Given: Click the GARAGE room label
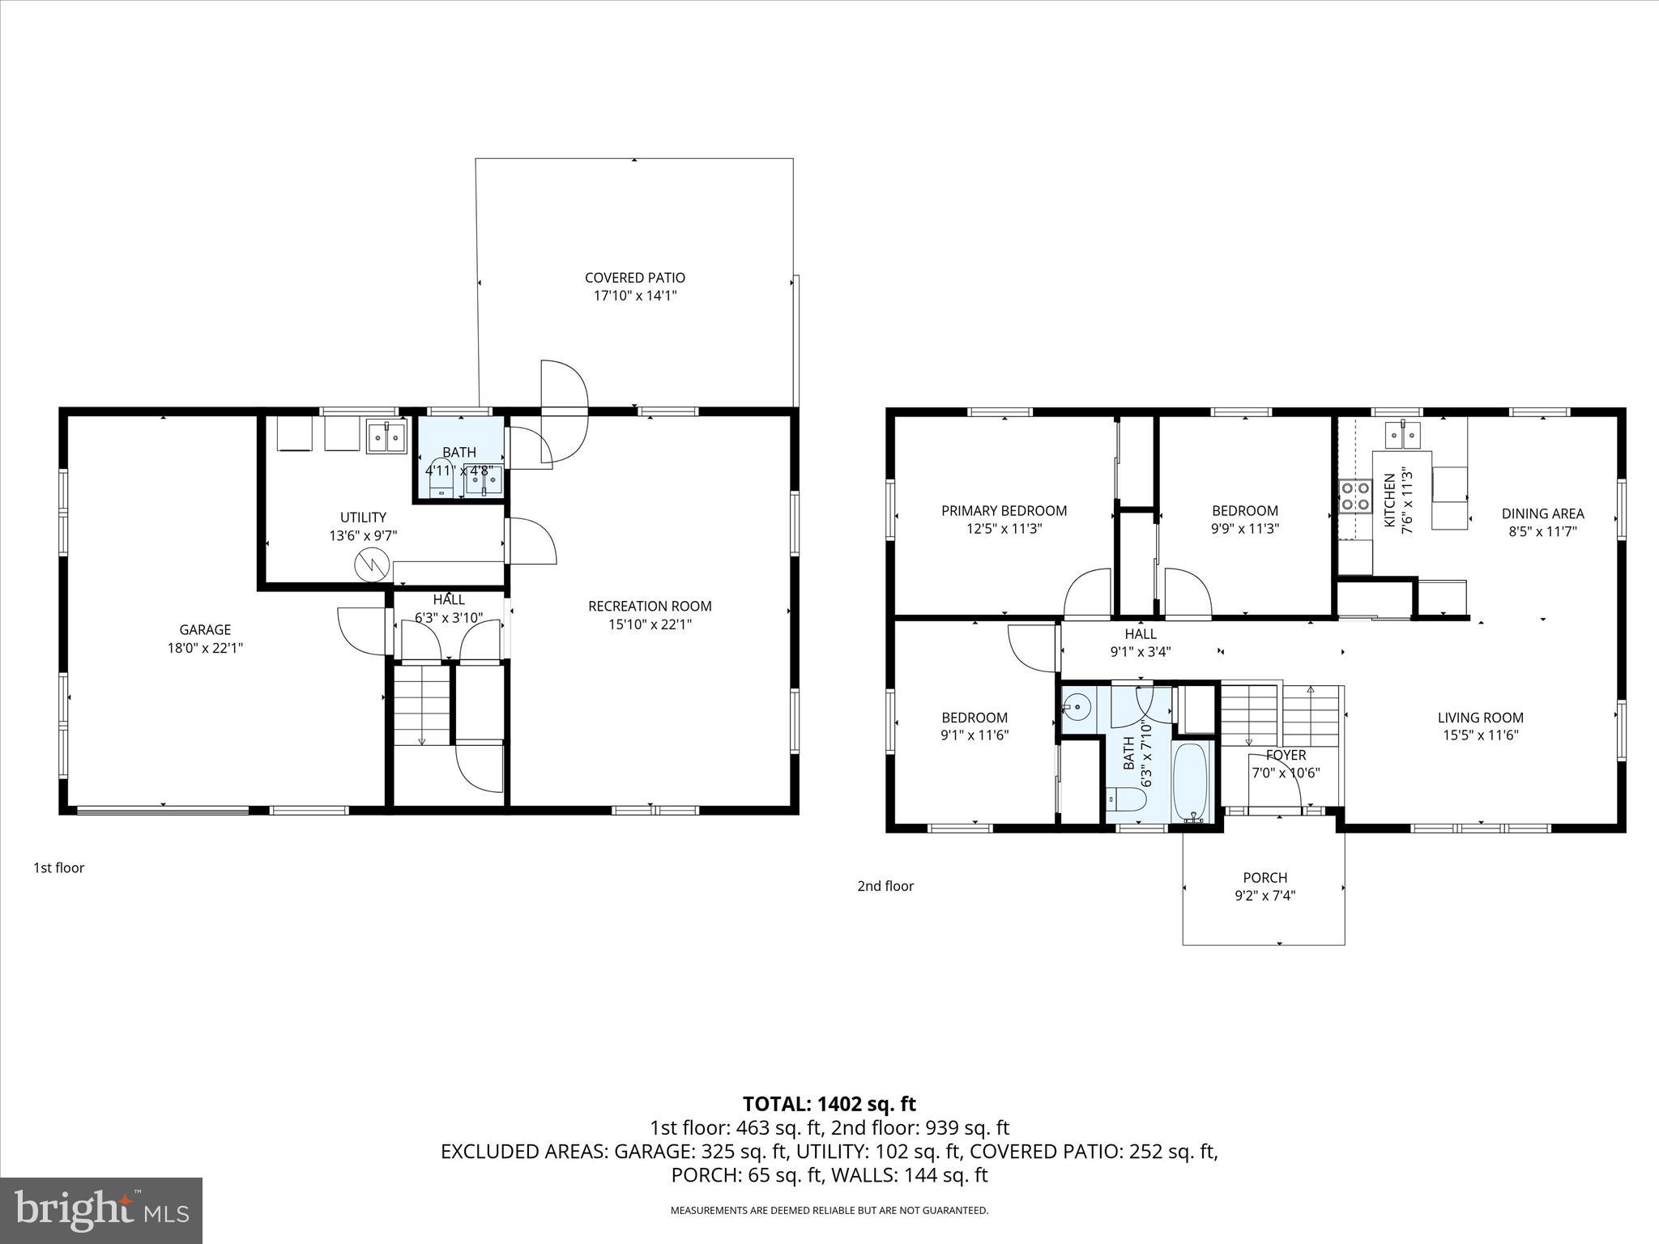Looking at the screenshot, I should click(x=205, y=629).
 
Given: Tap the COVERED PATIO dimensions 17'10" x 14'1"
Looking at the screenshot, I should click(x=634, y=296).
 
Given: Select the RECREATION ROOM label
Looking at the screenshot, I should click(x=650, y=606).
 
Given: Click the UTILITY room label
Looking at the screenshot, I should click(x=363, y=517).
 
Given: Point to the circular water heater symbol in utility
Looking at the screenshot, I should click(x=373, y=564).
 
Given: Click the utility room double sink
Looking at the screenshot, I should click(x=386, y=437).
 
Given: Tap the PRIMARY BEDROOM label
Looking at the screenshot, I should click(x=1004, y=510).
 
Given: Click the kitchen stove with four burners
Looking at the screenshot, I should click(x=1354, y=496).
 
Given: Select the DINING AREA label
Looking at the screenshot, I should click(x=1542, y=513).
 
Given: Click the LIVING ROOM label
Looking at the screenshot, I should click(x=1480, y=718).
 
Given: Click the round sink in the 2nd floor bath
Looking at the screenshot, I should click(x=1077, y=708).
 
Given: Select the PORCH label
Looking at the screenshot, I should click(x=1265, y=878).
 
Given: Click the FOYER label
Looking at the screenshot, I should click(x=1286, y=756).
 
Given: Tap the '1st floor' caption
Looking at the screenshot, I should click(x=58, y=868).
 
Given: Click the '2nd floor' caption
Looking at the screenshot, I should click(x=885, y=886).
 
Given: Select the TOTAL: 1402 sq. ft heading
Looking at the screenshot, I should click(x=829, y=1104).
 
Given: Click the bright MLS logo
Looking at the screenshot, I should click(x=101, y=1210).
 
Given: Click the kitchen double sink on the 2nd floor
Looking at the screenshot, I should click(x=1404, y=434).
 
